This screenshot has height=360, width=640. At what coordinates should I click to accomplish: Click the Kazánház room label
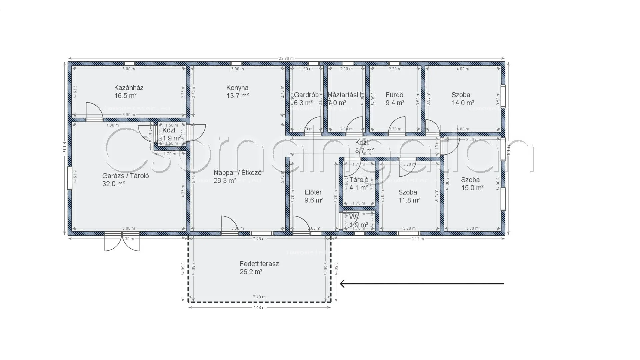tap(129, 88)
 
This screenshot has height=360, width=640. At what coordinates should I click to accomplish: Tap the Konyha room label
tap(237, 88)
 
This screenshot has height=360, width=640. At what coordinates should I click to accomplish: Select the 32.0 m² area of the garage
tap(113, 184)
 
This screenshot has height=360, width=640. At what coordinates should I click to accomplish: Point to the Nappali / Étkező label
tap(237, 173)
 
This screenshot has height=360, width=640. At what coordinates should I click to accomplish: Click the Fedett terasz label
tap(259, 264)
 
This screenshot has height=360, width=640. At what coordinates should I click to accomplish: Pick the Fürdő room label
tap(394, 95)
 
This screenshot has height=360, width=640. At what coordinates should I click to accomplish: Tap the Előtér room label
tap(313, 192)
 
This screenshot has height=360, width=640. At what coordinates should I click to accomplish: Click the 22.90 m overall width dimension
tap(286, 59)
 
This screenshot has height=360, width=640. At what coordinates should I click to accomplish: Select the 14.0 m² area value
tap(463, 103)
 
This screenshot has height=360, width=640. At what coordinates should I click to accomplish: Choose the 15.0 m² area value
tap(472, 188)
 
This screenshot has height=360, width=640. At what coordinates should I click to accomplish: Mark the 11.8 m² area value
tap(409, 200)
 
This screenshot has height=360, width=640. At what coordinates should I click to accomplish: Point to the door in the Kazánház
tap(94, 112)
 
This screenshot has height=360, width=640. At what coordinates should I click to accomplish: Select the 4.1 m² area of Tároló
tap(358, 188)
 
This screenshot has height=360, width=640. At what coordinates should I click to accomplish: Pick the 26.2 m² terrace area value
tap(251, 272)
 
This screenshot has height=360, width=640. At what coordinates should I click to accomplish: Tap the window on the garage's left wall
tap(70, 178)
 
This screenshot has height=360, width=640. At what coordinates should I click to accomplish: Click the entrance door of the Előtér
tap(301, 224)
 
